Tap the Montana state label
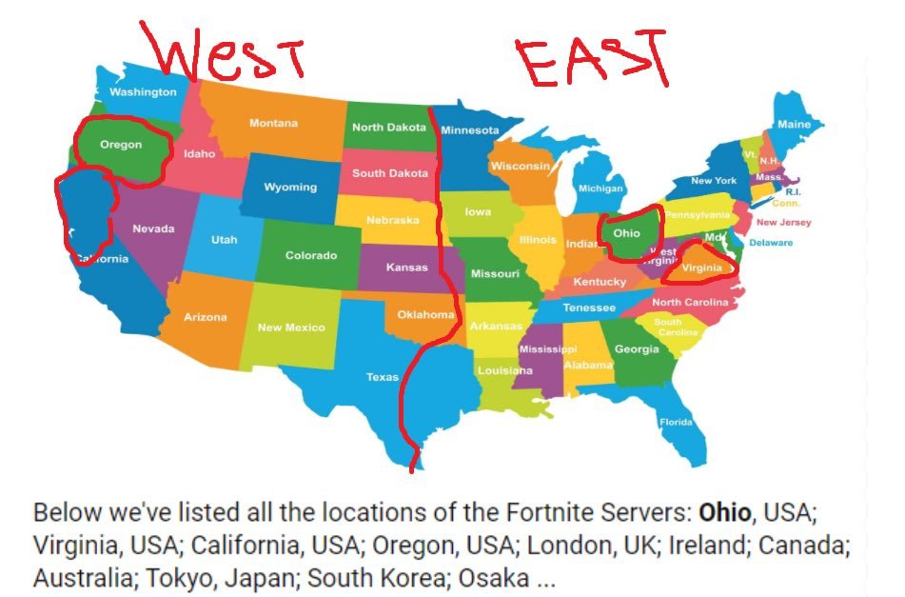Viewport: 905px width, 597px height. [273, 123]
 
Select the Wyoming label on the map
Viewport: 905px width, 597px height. [290, 187]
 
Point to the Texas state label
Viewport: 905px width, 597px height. [383, 377]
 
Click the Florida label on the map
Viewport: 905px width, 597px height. [677, 422]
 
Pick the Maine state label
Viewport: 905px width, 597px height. [794, 125]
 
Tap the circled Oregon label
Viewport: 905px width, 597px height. [121, 146]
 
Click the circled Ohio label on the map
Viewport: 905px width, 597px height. [626, 232]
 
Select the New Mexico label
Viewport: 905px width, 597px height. [291, 328]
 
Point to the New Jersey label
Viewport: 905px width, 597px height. [783, 223]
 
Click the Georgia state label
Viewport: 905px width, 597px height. [637, 349]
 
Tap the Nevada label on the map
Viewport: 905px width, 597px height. [153, 229]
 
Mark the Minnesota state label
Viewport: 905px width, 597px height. [469, 130]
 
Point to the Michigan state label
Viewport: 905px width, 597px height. [600, 189]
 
